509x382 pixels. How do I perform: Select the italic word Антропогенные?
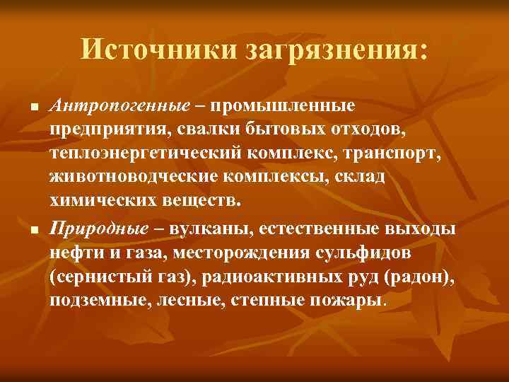[x=120, y=105]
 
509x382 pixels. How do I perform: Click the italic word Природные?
[x=100, y=229]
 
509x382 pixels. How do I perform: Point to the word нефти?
[x=71, y=253]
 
